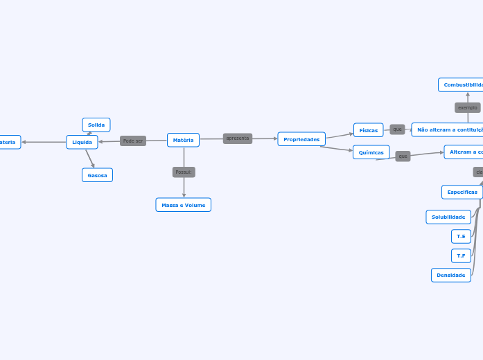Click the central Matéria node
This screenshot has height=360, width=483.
pos(183,140)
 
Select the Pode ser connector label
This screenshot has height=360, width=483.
pos(133,141)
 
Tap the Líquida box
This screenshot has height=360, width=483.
pos(82,142)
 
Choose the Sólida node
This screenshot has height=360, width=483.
pos(96,125)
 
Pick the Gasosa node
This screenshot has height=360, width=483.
pos(97,175)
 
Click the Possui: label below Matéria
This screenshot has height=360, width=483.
pos(184,172)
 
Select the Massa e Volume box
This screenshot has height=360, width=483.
pos(184,205)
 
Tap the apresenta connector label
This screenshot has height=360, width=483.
pos(238,138)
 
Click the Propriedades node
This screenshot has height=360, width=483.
pos(301,139)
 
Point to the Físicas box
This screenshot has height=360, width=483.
pos(369,130)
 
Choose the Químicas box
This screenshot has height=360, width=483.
pos(371,152)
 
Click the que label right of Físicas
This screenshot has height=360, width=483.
pos(397,129)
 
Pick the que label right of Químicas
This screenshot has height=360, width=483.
pos(403,156)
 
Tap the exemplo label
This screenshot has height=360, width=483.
pos(468,107)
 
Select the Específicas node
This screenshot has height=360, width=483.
pos(462,192)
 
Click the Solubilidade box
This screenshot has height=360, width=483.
pos(448,217)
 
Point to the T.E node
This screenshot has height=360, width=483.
pos(461,236)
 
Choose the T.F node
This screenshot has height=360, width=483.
pos(461,255)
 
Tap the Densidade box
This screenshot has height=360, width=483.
pos(451,275)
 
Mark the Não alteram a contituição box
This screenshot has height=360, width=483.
pos(448,129)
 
